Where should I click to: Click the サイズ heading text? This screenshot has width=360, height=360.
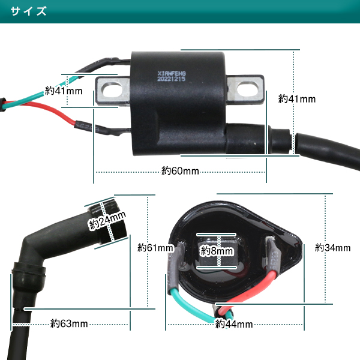(28, 11)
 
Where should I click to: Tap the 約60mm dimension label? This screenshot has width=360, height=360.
(180, 171)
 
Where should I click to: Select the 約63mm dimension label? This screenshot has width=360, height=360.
(69, 323)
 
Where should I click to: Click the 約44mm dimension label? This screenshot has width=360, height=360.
(234, 324)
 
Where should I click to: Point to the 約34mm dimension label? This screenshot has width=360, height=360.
(332, 248)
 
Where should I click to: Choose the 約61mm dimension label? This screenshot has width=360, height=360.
(155, 248)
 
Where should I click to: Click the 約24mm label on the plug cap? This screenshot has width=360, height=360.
(107, 220)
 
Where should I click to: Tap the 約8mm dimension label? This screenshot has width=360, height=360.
(217, 251)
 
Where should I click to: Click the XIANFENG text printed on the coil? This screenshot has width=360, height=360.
(172, 74)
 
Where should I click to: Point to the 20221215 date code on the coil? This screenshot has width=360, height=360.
(171, 79)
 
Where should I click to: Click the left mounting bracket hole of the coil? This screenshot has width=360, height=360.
(113, 91)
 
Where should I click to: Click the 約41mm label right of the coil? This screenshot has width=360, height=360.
(297, 99)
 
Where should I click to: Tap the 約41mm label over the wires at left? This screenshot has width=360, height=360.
(64, 91)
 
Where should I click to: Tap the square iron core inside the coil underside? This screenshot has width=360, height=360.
(217, 251)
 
